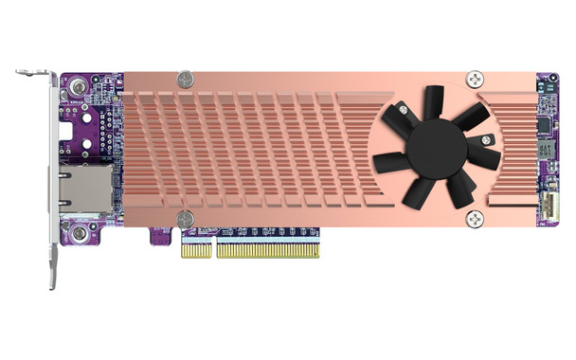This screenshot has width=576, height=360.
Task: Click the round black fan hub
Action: click(x=438, y=148)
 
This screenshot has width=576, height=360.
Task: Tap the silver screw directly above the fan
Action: click(x=474, y=81)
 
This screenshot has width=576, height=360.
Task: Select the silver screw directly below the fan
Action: click(x=474, y=219)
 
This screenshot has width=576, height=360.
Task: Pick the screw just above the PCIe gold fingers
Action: click(x=186, y=219)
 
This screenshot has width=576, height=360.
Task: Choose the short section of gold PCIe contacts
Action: click(x=197, y=248)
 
